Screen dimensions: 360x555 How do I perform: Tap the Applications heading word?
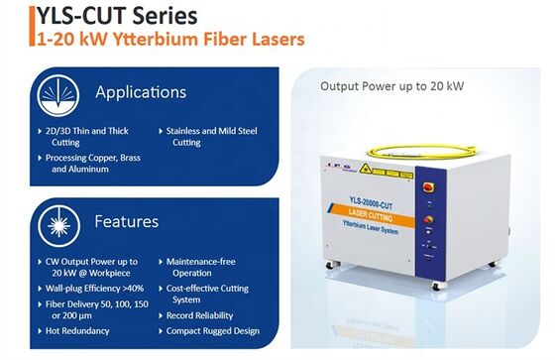pos(140,92)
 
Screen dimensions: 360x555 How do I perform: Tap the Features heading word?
pos(127,220)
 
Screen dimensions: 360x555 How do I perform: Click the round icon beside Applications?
pos(55,94)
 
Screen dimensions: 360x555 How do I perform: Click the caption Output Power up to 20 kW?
pos(391,86)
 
